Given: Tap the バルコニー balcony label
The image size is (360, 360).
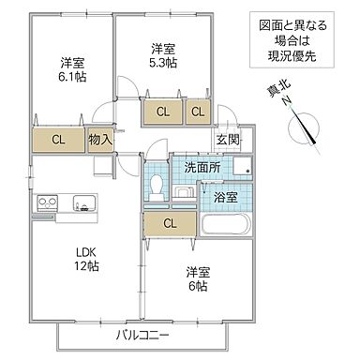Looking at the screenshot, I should coord(142,336).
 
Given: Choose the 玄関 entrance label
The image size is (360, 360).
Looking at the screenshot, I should coord(227,141).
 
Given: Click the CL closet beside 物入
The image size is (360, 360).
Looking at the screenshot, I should coord(58,141).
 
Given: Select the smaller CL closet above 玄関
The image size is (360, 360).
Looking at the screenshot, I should coord(198,112).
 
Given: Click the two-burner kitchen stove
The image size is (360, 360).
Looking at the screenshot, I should coord(48,202).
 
